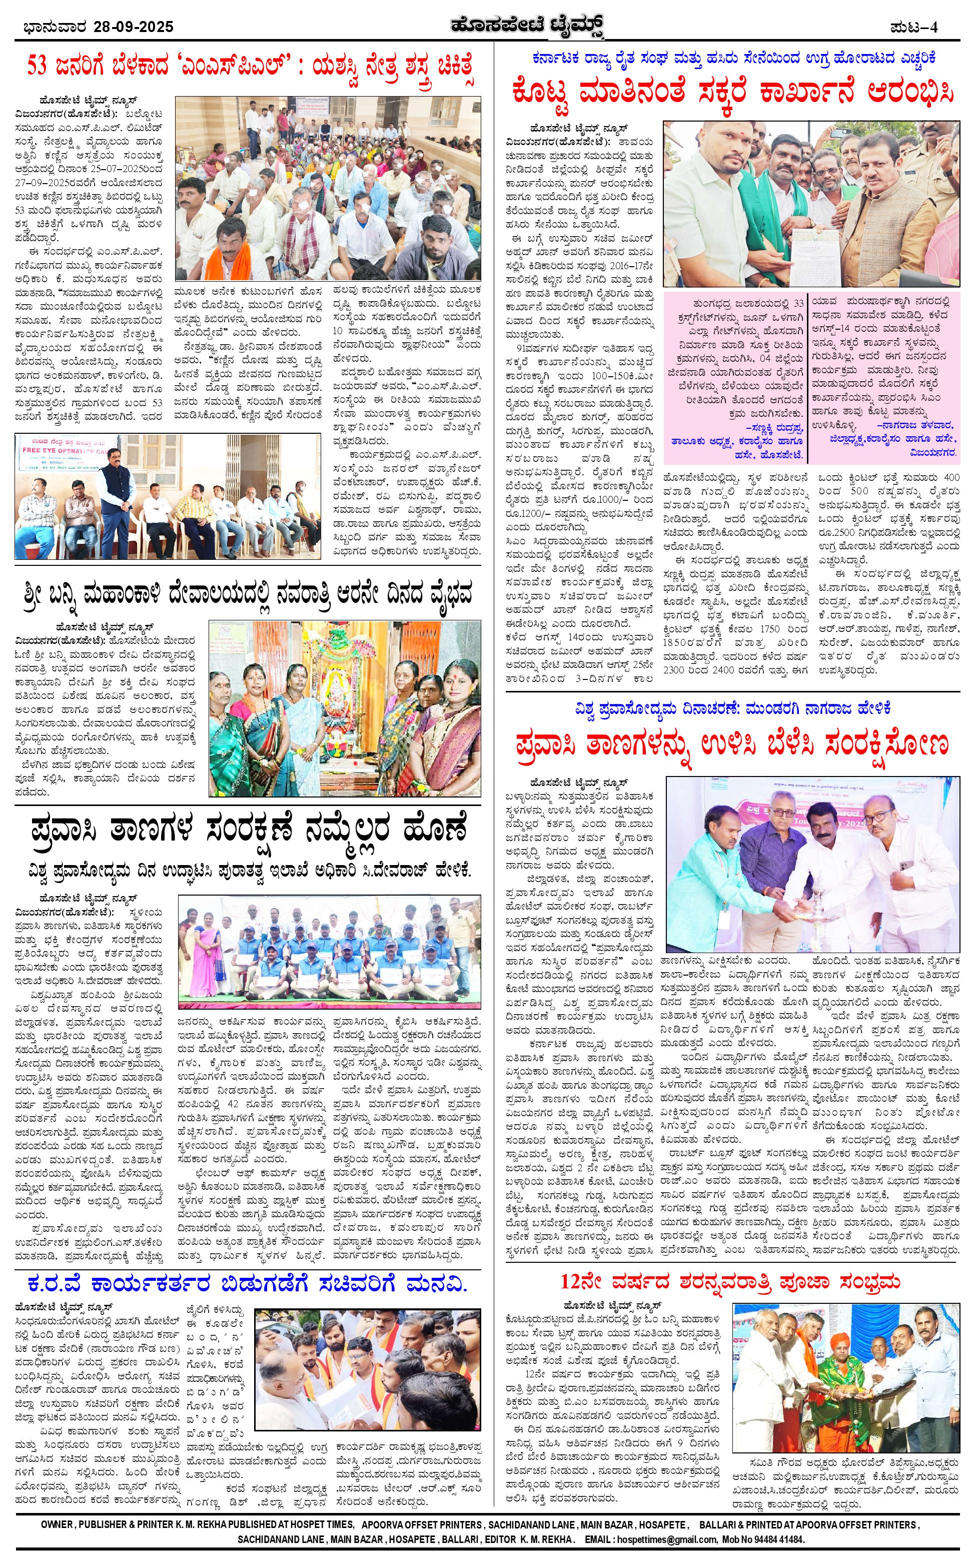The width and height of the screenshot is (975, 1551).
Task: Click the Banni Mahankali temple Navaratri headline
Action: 249,591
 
